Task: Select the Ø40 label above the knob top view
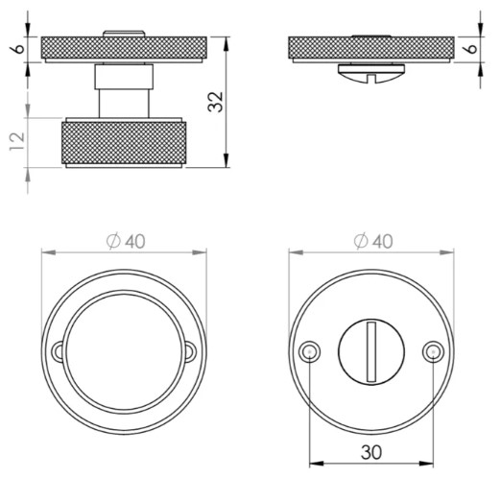[124, 240]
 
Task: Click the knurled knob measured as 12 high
[124, 144]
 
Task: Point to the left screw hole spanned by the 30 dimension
[309, 352]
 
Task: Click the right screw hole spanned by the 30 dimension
[432, 352]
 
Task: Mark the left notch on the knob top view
[60, 352]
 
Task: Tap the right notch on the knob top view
[190, 352]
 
